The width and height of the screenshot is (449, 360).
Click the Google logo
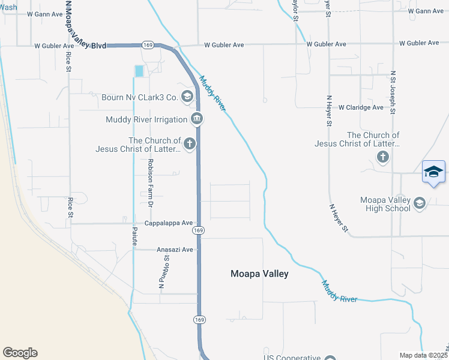tap(20, 353)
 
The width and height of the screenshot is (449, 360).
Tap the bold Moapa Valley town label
tap(259, 274)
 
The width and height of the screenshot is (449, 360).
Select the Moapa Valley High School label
tap(385, 204)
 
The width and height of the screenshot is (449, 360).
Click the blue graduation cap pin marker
tap(433, 172)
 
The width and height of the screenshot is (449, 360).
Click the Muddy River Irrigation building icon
tap(196, 119)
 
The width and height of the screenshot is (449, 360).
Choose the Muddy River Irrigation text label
tap(147, 119)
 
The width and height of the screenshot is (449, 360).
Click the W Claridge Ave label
tap(360, 107)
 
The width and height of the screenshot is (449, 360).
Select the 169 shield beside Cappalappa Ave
tap(199, 230)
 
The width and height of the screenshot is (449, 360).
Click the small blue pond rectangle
tap(139, 71)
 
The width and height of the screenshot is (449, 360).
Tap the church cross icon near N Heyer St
tap(383, 157)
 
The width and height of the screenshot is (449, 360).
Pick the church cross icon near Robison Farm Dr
tap(189, 143)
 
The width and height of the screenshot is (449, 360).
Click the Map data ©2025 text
tap(423, 355)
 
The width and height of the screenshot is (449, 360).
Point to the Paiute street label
tap(134, 229)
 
